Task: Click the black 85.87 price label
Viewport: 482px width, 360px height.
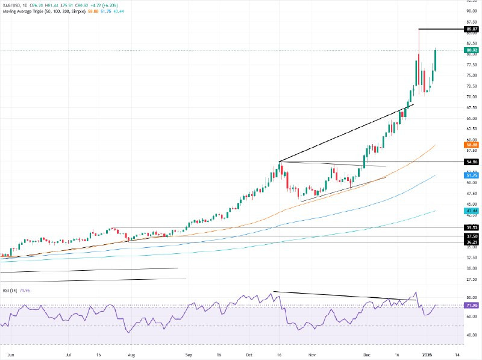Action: [x=472, y=29]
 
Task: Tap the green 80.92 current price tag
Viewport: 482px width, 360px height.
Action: [x=472, y=50]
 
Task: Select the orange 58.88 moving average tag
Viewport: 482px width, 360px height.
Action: [x=472, y=145]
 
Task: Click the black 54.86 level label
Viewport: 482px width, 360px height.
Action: [x=472, y=162]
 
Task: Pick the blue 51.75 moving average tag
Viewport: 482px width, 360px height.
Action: [x=472, y=175]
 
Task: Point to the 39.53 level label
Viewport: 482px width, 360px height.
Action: [x=472, y=228]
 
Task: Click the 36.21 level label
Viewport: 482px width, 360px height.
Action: [x=472, y=242]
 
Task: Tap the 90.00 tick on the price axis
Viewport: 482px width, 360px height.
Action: [x=472, y=11]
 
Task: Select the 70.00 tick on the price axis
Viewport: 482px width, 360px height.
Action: [x=472, y=96]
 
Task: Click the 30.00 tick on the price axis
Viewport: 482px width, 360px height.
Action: [x=472, y=268]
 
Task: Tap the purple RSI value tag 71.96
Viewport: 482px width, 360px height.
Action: [x=472, y=306]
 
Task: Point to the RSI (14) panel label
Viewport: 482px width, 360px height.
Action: [x=8, y=291]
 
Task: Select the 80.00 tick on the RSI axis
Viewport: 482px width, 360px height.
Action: [x=472, y=297]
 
